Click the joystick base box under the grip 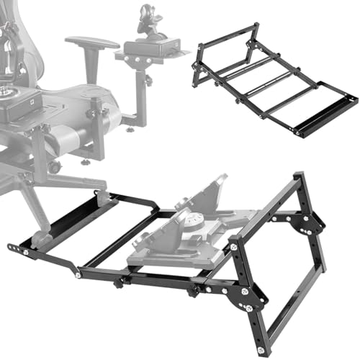coord(150,49)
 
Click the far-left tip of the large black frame coord(10,248)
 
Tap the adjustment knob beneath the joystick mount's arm coord(130,130)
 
